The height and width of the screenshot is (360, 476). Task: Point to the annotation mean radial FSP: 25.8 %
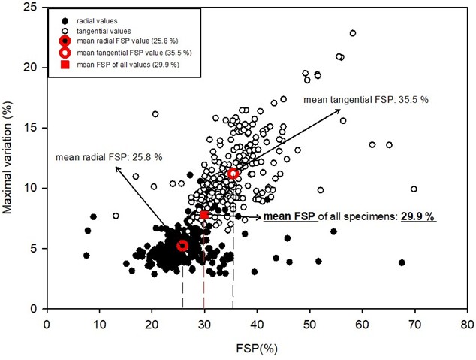click(108, 157)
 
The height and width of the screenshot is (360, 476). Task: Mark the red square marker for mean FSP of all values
click(204, 215)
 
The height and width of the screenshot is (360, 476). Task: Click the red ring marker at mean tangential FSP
click(233, 174)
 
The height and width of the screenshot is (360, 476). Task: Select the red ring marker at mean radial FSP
click(182, 246)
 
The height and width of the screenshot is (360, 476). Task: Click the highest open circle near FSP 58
click(352, 33)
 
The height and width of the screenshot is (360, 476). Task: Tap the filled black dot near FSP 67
click(402, 262)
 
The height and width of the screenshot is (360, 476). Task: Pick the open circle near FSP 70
click(414, 189)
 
